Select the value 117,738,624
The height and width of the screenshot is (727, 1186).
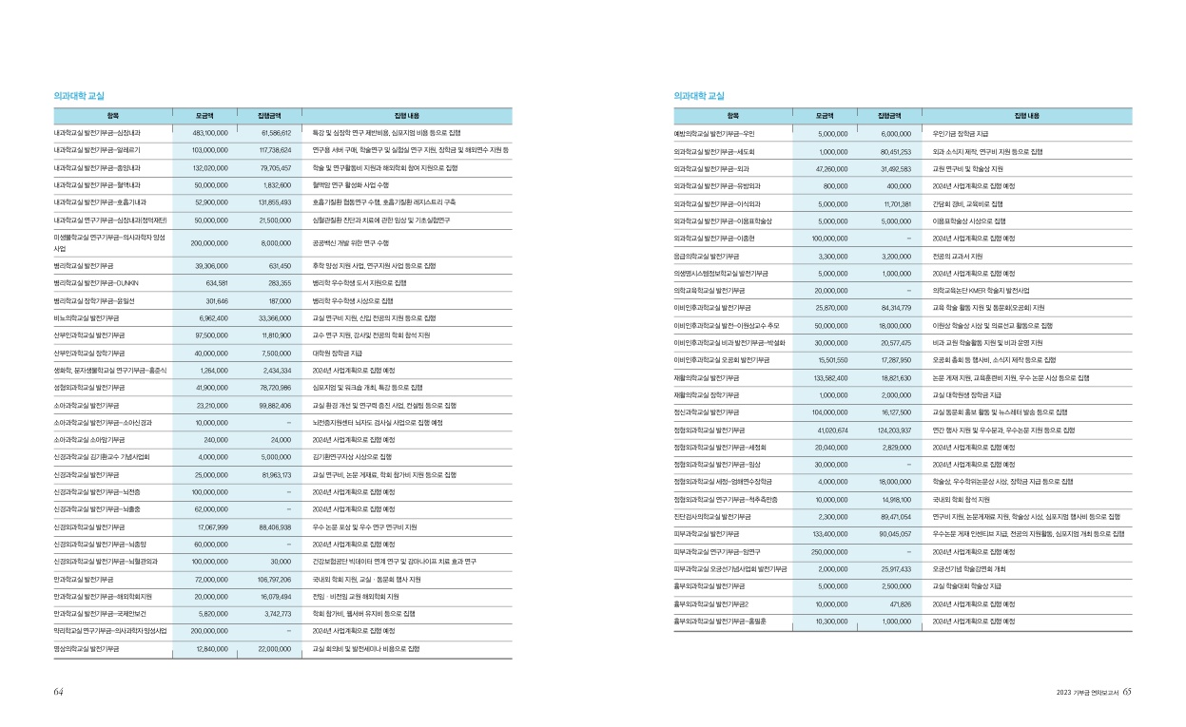point(271,150)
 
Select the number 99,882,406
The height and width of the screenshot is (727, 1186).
point(272,405)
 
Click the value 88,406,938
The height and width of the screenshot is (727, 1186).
point(272,526)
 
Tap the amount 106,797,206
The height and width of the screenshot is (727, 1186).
point(271,579)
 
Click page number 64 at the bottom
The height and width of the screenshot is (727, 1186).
point(58,692)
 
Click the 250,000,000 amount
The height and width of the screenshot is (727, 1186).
point(825,551)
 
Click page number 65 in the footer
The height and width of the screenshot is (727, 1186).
point(1127,692)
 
